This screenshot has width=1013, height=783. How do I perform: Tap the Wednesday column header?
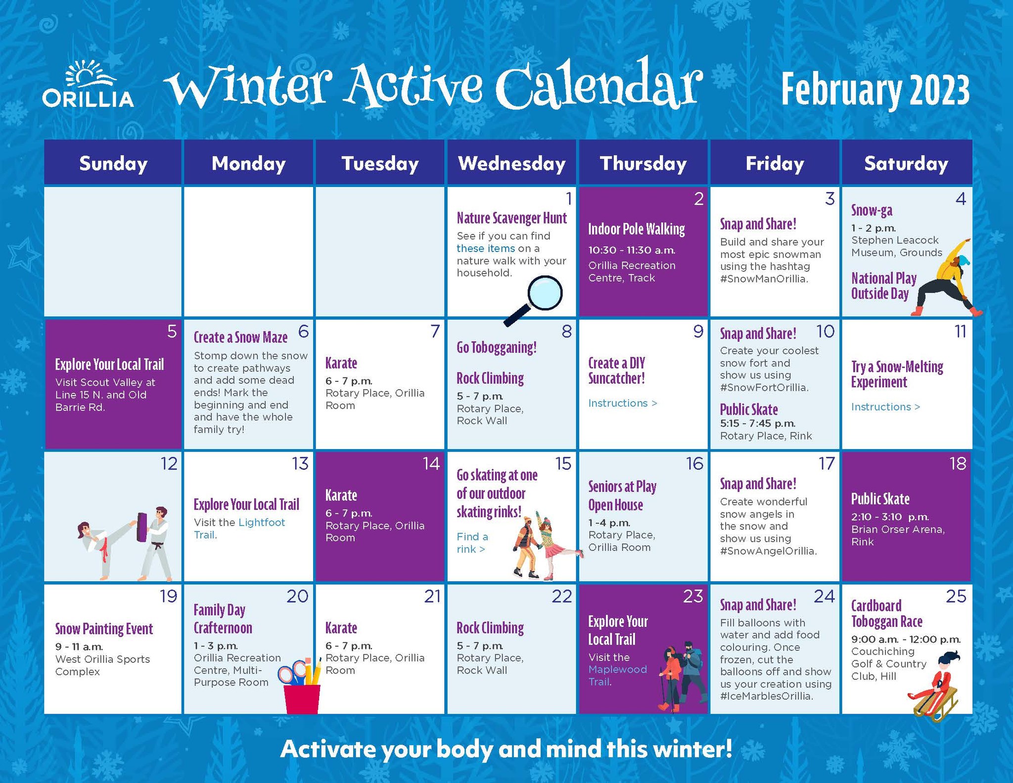[512, 163]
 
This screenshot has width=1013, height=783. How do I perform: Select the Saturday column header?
[906, 163]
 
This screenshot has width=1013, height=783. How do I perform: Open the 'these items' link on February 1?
[486, 248]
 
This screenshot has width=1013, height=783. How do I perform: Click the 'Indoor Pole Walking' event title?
[637, 229]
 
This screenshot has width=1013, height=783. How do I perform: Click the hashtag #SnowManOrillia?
[764, 279]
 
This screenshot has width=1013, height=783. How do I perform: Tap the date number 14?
[431, 463]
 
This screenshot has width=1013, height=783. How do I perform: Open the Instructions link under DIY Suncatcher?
[623, 403]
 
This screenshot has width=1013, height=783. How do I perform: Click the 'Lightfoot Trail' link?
[239, 528]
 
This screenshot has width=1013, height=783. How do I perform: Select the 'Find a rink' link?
[472, 543]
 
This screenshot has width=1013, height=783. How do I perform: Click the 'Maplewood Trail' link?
[617, 676]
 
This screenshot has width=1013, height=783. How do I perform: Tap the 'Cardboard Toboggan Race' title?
[887, 613]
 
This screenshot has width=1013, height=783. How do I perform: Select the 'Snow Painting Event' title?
[104, 629]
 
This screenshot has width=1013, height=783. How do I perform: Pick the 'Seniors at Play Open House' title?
[622, 496]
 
